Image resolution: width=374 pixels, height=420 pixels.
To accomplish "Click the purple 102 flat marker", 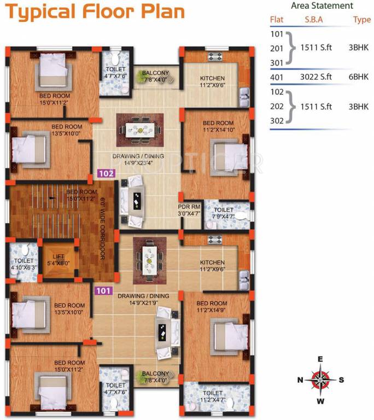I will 107,173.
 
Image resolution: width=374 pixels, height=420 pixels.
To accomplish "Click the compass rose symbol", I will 320,380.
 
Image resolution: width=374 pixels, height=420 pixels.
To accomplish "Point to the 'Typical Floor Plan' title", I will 95,12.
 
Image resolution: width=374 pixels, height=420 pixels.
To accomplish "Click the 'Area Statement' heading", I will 322,6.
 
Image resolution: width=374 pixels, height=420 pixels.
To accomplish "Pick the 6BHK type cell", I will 359,77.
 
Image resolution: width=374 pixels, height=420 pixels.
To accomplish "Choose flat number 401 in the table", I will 277,77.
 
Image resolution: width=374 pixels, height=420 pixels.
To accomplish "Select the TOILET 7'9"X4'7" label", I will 223,213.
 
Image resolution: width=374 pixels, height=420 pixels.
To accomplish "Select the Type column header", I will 361,20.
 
